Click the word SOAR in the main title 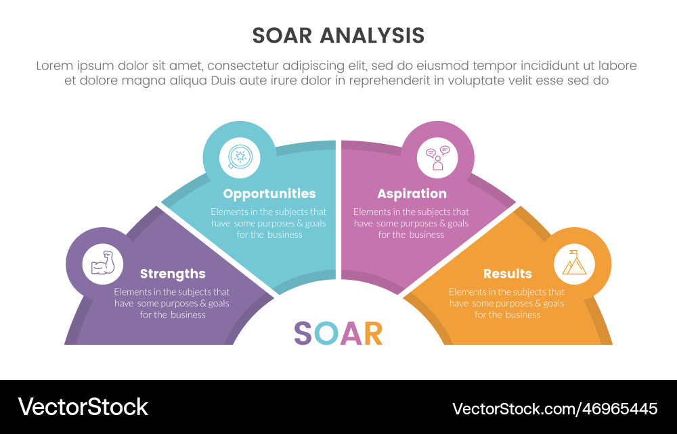pyautogui.click(x=284, y=36)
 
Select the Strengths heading pyautogui.click(x=173, y=274)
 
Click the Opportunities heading pyautogui.click(x=269, y=194)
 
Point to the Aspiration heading pyautogui.click(x=412, y=194)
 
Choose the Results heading pyautogui.click(x=507, y=274)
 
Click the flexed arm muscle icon pyautogui.click(x=103, y=264)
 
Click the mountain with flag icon pyautogui.click(x=574, y=263)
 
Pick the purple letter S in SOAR pyautogui.click(x=303, y=333)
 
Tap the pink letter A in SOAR pyautogui.click(x=351, y=333)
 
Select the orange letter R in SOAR pyautogui.click(x=373, y=333)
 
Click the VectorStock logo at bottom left pyautogui.click(x=83, y=407)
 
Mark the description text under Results pyautogui.click(x=506, y=304)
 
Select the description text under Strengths pyautogui.click(x=172, y=304)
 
